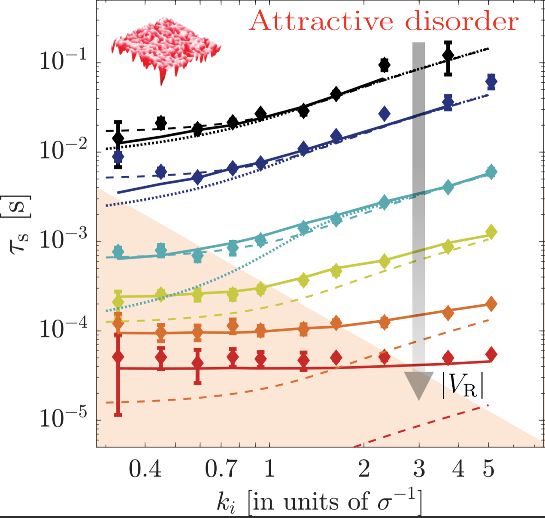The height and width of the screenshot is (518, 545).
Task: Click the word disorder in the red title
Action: pos(462,21)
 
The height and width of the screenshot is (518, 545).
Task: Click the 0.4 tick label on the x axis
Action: pos(145,469)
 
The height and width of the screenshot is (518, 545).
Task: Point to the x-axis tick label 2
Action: pos(364,469)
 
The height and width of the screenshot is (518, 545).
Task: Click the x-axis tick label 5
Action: pos(488,469)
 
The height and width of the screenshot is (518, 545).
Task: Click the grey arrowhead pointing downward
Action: pos(419,385)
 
